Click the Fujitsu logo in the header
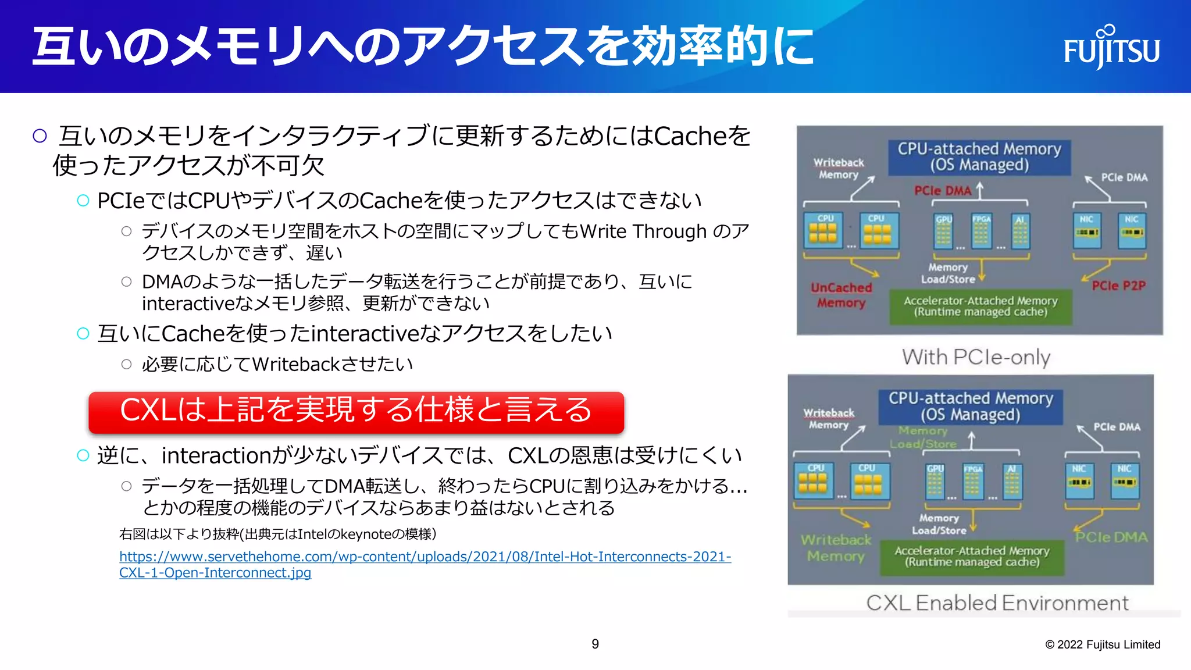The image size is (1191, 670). [x=1111, y=48]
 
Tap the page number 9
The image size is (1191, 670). [x=595, y=644]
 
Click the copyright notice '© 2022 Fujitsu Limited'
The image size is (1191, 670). [x=1103, y=644]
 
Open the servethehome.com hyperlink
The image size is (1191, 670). [x=425, y=557]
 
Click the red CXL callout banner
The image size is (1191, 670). [x=356, y=411]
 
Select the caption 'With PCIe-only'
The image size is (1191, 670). [x=976, y=357]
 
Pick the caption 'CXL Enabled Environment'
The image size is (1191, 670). [x=997, y=603]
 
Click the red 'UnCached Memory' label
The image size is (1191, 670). [x=841, y=295]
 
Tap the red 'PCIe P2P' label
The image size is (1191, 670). [x=1118, y=286]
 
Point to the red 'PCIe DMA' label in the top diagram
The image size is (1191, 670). [x=942, y=191]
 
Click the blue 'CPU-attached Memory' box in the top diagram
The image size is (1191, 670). [x=979, y=157]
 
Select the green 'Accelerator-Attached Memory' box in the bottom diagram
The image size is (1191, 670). [x=972, y=557]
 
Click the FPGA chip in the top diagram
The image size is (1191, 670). [x=981, y=231]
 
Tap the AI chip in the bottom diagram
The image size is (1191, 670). [x=1012, y=481]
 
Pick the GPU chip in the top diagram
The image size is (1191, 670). [x=943, y=231]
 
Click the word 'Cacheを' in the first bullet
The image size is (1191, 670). [x=702, y=136]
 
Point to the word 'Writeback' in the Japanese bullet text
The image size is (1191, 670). [x=295, y=365]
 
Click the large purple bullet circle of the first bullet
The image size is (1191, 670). [x=40, y=136]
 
